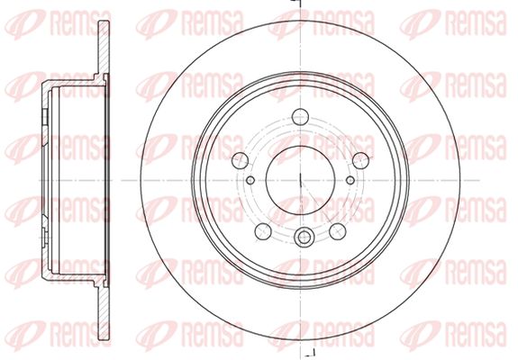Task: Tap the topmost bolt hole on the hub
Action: pos(300,117)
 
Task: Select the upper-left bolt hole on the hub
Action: pos(241,161)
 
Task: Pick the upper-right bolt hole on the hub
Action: pos(360,161)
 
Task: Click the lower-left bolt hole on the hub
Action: pos(263,231)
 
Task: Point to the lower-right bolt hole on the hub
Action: pos(338,231)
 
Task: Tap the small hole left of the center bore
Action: pos(250,180)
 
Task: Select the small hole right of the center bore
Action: pos(350,180)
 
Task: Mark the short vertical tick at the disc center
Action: pos(300,180)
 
